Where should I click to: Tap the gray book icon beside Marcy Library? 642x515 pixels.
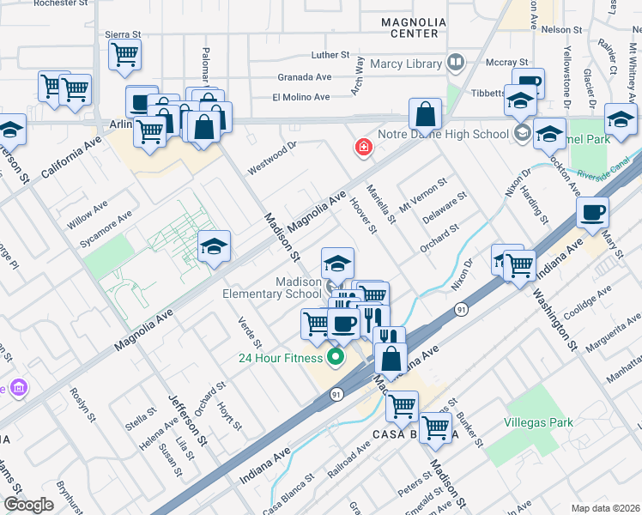pyautogui.click(x=455, y=63)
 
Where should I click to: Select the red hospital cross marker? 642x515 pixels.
pyautogui.click(x=365, y=148)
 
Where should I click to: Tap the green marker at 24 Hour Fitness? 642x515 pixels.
pyautogui.click(x=336, y=358)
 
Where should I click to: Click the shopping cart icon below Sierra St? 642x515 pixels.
pyautogui.click(x=124, y=55)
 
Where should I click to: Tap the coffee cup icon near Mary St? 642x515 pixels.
pyautogui.click(x=593, y=212)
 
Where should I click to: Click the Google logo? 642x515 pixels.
pyautogui.click(x=29, y=505)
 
